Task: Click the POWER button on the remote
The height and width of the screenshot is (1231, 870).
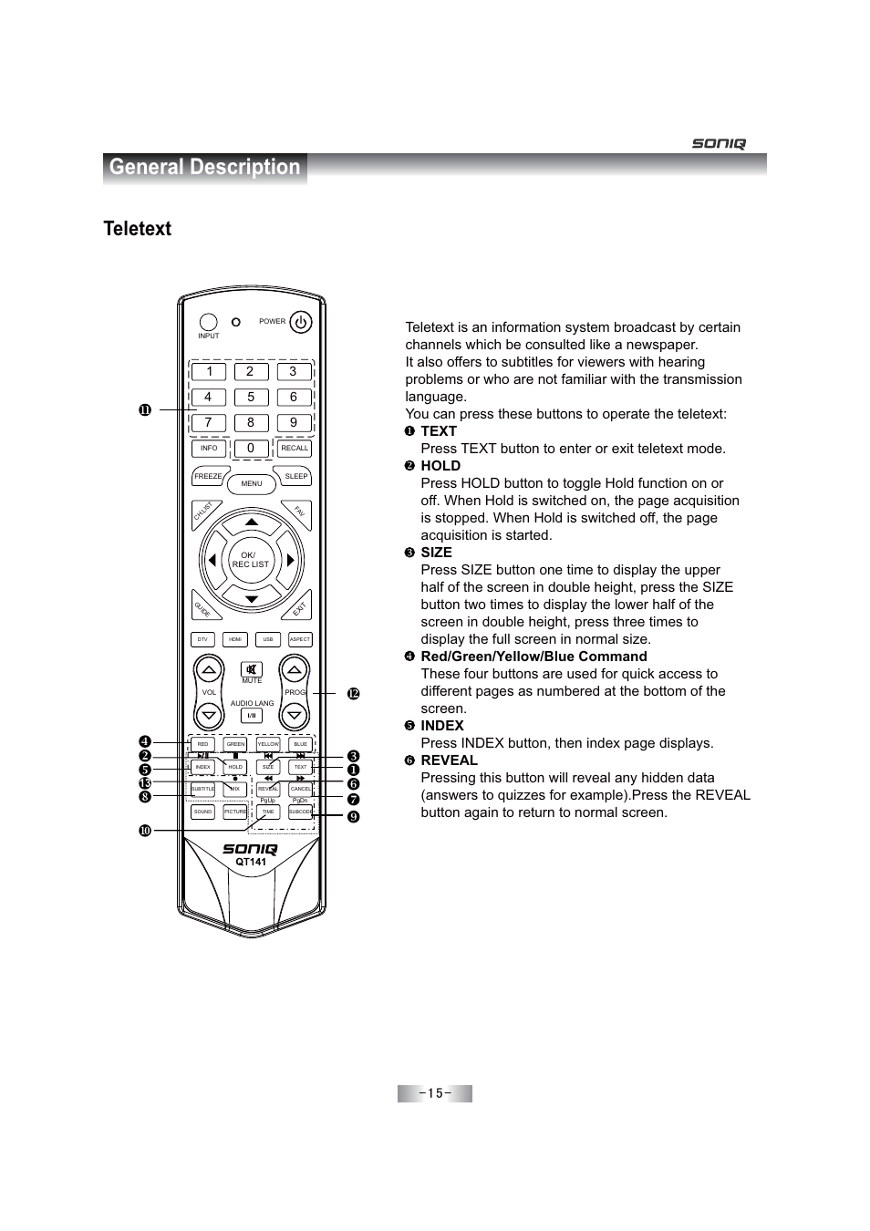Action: click(x=300, y=322)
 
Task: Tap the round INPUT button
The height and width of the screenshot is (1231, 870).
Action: click(x=209, y=322)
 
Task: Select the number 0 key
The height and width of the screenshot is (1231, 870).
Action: click(x=251, y=448)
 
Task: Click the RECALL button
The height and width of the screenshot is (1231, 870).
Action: click(x=295, y=448)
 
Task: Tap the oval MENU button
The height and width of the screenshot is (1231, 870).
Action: click(x=252, y=483)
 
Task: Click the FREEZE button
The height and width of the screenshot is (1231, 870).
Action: click(x=208, y=476)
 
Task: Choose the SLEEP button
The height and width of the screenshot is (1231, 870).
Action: click(x=296, y=476)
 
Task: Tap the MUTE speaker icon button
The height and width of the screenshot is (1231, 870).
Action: click(x=252, y=669)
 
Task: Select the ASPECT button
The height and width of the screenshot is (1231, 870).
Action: click(x=300, y=639)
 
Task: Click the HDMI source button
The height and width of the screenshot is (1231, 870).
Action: click(x=235, y=639)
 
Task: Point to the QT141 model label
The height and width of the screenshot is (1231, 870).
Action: click(x=251, y=862)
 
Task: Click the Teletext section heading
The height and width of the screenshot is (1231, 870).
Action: click(x=138, y=229)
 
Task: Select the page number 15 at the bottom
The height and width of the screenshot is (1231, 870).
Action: click(x=434, y=1093)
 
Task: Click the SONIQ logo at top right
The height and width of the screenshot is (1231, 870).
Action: click(x=719, y=143)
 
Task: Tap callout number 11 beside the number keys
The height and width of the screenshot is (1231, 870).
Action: click(x=144, y=410)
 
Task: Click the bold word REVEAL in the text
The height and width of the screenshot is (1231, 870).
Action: click(x=449, y=760)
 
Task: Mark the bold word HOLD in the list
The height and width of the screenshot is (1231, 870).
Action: click(x=440, y=466)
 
